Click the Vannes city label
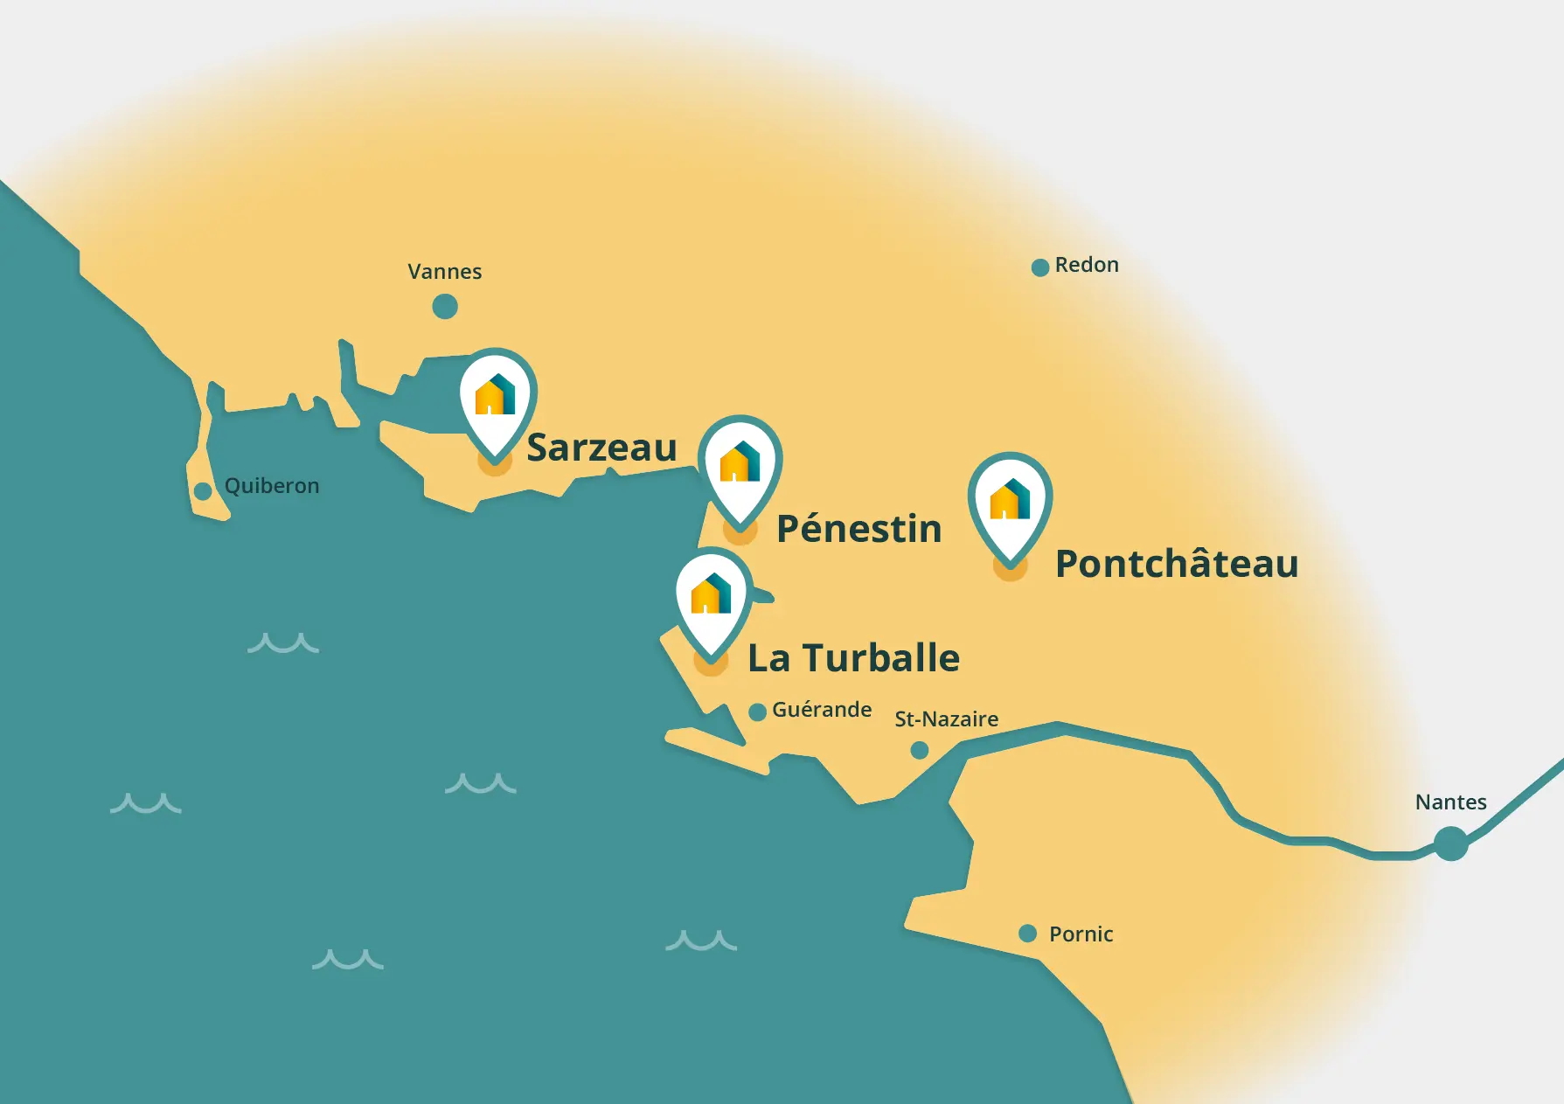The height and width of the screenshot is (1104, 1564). pyautogui.click(x=444, y=272)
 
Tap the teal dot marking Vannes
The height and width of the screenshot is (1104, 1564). pyautogui.click(x=445, y=307)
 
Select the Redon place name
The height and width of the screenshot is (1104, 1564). pyautogui.click(x=1087, y=265)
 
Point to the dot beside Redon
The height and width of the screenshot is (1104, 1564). pyautogui.click(x=1040, y=267)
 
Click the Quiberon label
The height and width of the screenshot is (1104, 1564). pyautogui.click(x=272, y=486)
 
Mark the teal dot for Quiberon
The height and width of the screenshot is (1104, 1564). pyautogui.click(x=203, y=491)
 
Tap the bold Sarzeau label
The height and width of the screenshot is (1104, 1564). pyautogui.click(x=601, y=448)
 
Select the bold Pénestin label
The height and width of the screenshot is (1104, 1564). pyautogui.click(x=858, y=529)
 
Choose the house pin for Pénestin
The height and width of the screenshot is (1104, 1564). pyautogui.click(x=740, y=466)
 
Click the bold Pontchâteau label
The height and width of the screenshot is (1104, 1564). pyautogui.click(x=1176, y=564)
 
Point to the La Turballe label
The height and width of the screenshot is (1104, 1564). pyautogui.click(x=853, y=658)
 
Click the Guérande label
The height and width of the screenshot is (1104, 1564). pyautogui.click(x=822, y=710)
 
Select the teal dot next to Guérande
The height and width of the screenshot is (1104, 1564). pyautogui.click(x=758, y=712)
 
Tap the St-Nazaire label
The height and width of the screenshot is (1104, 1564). pyautogui.click(x=946, y=719)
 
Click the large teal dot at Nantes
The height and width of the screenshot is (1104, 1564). pyautogui.click(x=1451, y=844)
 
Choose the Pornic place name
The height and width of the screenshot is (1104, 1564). pyautogui.click(x=1081, y=934)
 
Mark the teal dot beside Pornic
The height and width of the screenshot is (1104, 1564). pyautogui.click(x=1028, y=934)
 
